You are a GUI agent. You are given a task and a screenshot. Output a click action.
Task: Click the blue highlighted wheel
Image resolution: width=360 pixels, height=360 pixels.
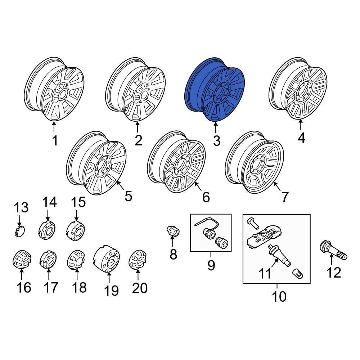click(215, 89)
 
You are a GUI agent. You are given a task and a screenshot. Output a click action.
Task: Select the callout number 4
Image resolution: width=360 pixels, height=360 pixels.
click(301, 138)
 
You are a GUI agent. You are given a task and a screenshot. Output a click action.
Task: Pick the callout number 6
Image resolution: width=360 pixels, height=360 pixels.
click(206, 197)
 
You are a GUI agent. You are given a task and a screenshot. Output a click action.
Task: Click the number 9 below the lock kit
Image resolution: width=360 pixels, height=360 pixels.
click(211, 266)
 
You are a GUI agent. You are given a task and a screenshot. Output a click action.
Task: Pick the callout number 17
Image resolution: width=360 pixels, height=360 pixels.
click(50, 287)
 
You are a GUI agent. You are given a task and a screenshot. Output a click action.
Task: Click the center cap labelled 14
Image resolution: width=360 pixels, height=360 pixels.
click(46, 230)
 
